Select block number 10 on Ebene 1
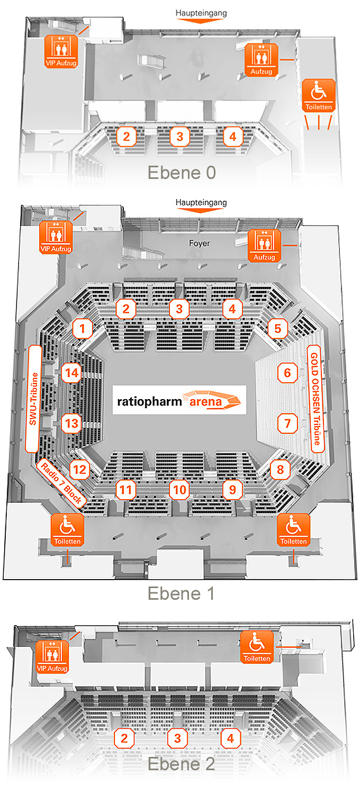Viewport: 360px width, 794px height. [x=179, y=490]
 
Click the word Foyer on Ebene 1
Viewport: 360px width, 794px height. [x=200, y=244]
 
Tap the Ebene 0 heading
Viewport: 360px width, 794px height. [x=181, y=173]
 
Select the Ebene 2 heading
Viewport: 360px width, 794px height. [x=181, y=764]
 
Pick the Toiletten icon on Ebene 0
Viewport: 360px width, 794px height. [x=319, y=96]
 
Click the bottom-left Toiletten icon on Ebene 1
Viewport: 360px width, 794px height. [x=67, y=531]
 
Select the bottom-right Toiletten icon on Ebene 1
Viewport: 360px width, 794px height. [x=293, y=531]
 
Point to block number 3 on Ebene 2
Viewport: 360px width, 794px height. [x=178, y=738]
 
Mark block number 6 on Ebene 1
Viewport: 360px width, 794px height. [x=287, y=373]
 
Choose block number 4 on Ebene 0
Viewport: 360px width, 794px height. [x=231, y=137]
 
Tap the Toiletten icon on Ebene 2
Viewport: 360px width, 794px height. [x=258, y=647]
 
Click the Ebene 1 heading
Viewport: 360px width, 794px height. [x=181, y=593]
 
